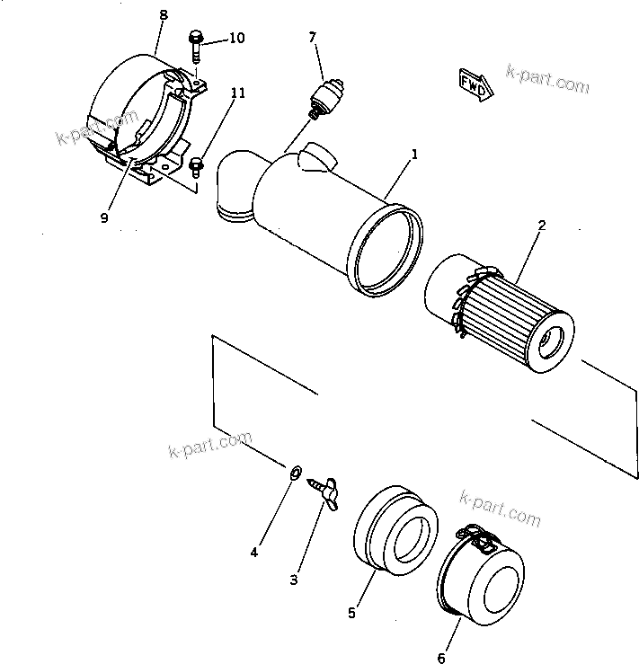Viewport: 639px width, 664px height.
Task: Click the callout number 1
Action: point(414,155)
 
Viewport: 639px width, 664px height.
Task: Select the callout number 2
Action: point(541,226)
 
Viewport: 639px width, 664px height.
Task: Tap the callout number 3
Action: point(294,580)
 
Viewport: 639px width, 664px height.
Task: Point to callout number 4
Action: point(254,553)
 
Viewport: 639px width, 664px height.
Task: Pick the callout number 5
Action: point(352,613)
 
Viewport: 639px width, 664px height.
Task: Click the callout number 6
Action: point(440,659)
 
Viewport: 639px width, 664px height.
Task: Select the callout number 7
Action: point(312,37)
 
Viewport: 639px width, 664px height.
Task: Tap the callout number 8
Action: point(162,15)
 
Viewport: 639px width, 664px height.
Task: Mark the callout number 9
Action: point(104,217)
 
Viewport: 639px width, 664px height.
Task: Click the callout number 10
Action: point(236,38)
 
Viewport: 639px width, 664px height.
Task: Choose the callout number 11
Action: point(236,92)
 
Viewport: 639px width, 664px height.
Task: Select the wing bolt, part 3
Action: point(325,491)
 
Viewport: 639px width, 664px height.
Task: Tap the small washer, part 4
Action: point(294,471)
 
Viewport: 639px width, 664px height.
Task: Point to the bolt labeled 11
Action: point(199,164)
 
